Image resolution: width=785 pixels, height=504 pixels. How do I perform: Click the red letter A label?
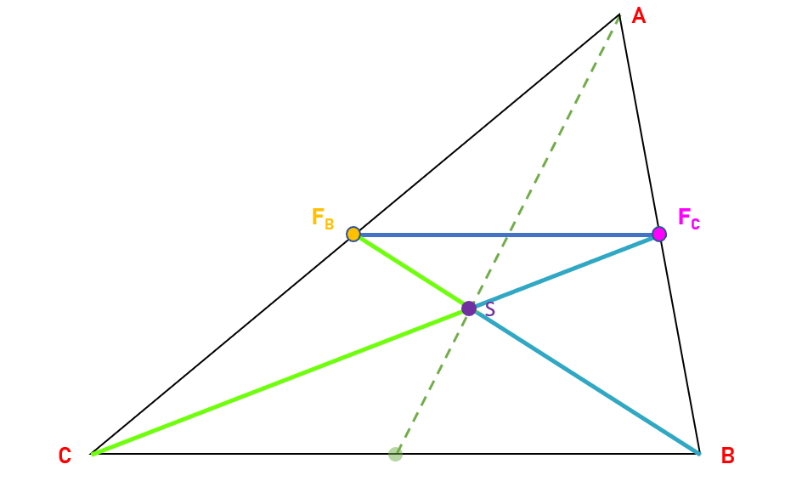point(638,16)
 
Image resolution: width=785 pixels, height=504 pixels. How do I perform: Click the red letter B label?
point(727,456)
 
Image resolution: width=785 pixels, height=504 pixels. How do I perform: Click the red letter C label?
point(65,456)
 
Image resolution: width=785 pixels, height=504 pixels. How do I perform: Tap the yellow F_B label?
point(323,219)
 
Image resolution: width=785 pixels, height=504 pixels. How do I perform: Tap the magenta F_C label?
point(688,218)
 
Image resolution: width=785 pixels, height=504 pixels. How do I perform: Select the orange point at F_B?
point(353,234)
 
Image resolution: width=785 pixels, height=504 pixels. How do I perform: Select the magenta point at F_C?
point(658,234)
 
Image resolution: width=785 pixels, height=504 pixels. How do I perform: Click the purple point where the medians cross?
point(469,309)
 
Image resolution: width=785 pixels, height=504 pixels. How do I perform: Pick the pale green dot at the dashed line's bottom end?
point(395,454)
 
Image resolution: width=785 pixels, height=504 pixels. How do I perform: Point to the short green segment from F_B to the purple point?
point(411,271)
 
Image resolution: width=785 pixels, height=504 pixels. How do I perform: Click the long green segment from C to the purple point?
point(280,382)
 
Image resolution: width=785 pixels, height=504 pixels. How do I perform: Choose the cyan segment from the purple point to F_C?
point(564,271)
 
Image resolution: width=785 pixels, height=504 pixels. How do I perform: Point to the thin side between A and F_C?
point(639,124)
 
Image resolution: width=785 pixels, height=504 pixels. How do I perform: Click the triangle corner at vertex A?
point(619,14)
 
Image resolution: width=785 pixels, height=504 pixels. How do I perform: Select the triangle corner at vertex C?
point(92,455)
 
